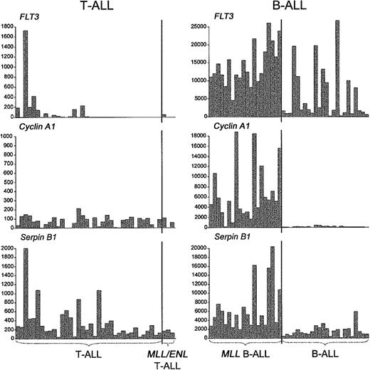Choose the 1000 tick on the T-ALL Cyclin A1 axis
coord(6,135)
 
